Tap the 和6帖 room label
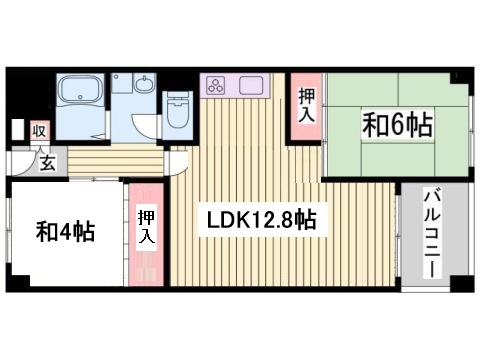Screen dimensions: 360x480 (397, 126)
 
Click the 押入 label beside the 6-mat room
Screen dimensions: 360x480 (305, 105)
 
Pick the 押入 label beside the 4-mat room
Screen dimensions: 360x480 (146, 226)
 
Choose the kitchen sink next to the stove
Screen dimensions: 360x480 (250, 86)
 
